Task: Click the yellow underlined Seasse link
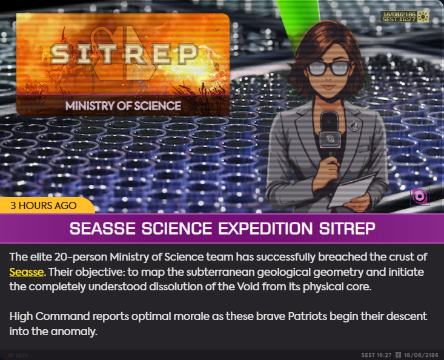point(26,272)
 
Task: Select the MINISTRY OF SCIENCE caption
point(123,106)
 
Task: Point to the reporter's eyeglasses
point(330,68)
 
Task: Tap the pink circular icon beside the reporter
point(420,196)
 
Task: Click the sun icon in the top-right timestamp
point(423,17)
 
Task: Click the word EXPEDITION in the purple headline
point(265,228)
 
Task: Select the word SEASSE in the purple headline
point(102,228)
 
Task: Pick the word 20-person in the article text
point(81,257)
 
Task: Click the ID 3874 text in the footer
point(18,355)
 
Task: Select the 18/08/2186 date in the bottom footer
point(421,355)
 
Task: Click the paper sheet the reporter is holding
point(351,190)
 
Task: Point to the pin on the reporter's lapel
point(354,125)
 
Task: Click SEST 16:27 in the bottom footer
point(376,355)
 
